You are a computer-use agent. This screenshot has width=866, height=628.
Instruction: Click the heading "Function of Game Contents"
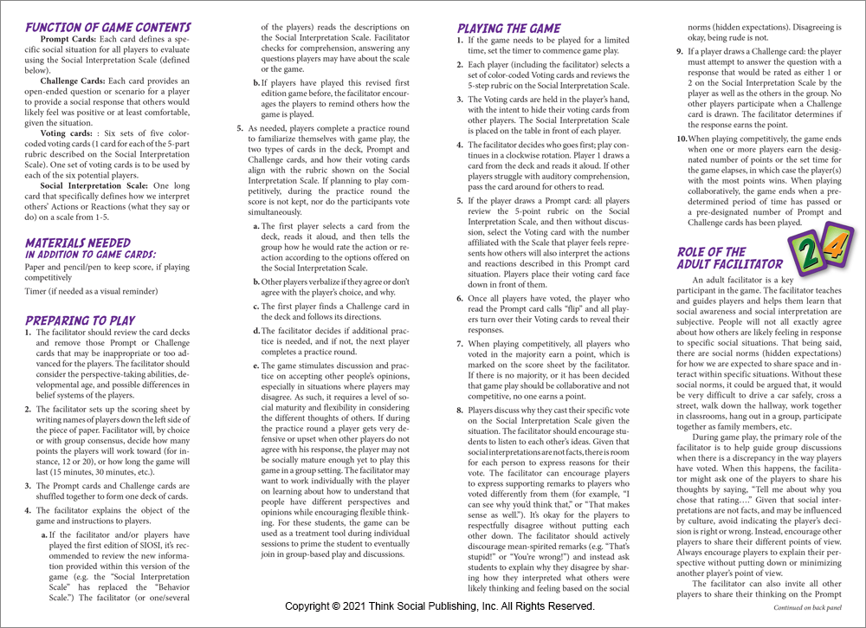(x=107, y=28)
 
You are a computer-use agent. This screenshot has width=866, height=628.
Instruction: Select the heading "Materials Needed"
(x=78, y=243)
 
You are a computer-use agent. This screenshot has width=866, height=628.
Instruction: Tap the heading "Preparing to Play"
(x=81, y=320)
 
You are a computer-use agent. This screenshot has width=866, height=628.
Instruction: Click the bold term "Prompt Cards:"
(x=73, y=42)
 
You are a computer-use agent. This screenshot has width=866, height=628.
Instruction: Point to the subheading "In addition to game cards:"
(x=90, y=255)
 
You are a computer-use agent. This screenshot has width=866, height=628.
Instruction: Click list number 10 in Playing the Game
(x=681, y=139)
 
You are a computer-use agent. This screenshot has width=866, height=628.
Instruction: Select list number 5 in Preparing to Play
(x=240, y=127)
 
